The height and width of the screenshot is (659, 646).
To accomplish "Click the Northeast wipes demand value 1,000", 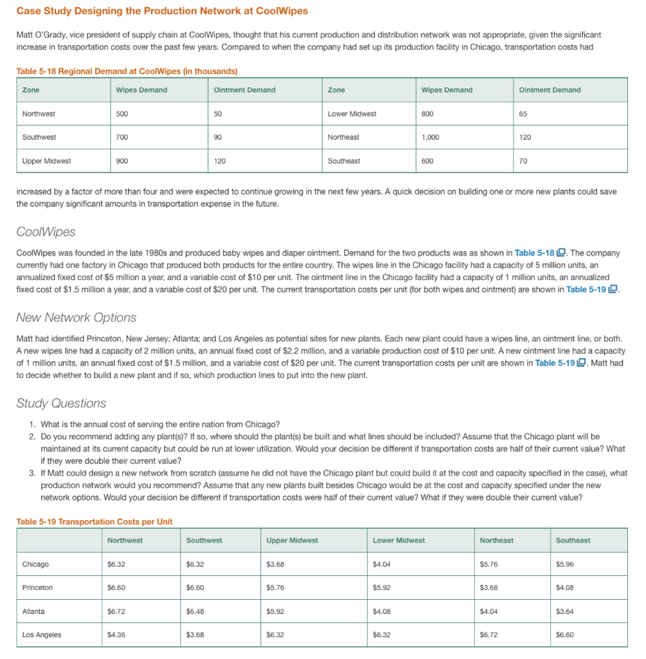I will tap(430, 137).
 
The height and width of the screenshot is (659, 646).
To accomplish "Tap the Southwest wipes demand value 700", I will tap(122, 137).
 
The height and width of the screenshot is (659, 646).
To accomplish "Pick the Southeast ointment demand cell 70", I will tap(523, 161).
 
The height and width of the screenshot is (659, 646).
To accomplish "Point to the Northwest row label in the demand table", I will tap(39, 114).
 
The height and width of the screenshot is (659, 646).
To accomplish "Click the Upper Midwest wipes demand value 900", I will tap(122, 161).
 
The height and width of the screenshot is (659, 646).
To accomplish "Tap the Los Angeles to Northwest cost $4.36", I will tap(116, 635).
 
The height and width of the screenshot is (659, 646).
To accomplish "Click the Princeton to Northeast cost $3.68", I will tap(490, 588).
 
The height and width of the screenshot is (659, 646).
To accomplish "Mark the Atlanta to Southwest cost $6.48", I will tap(195, 611).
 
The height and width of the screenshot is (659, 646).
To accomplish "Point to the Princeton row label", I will tap(37, 588).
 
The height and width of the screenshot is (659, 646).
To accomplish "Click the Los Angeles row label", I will tap(42, 635).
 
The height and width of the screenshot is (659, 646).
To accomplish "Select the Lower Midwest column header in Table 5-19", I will tap(398, 541).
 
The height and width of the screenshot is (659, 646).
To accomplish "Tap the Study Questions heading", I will tap(61, 404).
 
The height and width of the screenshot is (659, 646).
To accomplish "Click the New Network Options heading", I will tap(76, 317).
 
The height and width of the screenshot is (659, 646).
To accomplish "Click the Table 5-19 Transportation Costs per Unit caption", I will tap(95, 521).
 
